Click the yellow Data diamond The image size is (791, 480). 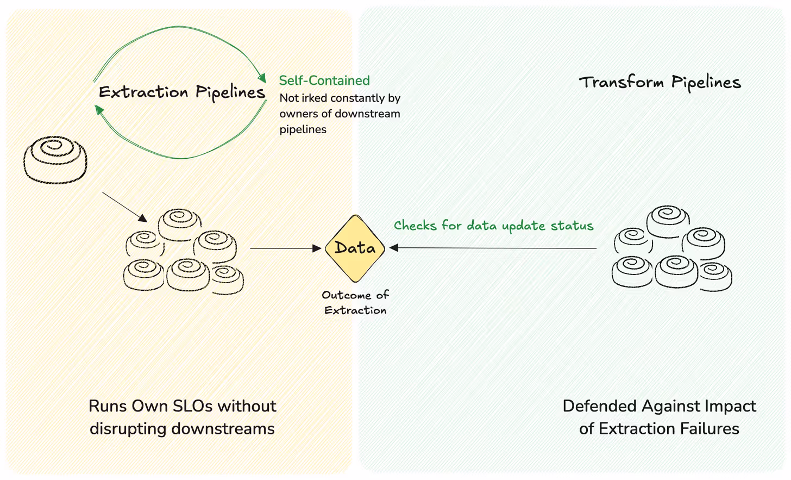click(x=355, y=248)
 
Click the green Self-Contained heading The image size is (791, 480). click(x=324, y=80)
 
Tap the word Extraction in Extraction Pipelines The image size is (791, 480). click(x=143, y=92)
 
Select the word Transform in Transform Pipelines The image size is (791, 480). click(x=621, y=82)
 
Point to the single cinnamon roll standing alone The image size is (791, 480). click(x=55, y=159)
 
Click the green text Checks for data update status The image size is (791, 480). click(x=493, y=226)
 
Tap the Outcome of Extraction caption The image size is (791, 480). click(x=355, y=302)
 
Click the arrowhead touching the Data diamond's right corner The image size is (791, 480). click(x=394, y=248)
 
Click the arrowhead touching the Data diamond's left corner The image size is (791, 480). click(x=317, y=248)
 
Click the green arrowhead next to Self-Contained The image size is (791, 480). click(x=262, y=78)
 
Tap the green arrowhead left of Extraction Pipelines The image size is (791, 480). click(x=99, y=110)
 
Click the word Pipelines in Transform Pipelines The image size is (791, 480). click(x=706, y=83)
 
